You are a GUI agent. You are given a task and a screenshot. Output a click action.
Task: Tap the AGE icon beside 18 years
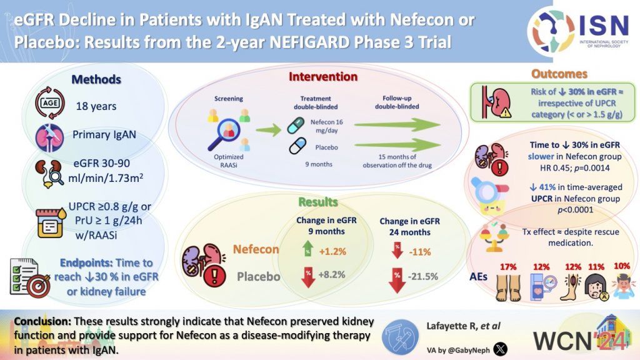pos(49,104)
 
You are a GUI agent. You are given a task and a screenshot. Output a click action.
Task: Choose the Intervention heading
pos(322,77)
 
